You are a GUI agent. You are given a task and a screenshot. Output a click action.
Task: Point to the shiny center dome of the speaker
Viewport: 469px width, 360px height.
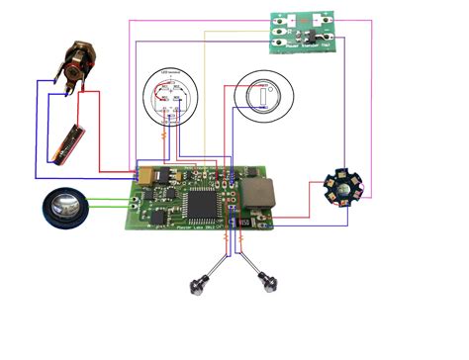(x=65, y=209)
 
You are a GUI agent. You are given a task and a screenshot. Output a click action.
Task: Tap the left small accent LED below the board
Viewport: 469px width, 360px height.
(x=201, y=285)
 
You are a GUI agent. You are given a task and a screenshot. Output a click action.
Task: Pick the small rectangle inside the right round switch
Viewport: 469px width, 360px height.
(x=267, y=95)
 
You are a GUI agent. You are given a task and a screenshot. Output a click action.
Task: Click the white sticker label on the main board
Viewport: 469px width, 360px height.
(x=242, y=225)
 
